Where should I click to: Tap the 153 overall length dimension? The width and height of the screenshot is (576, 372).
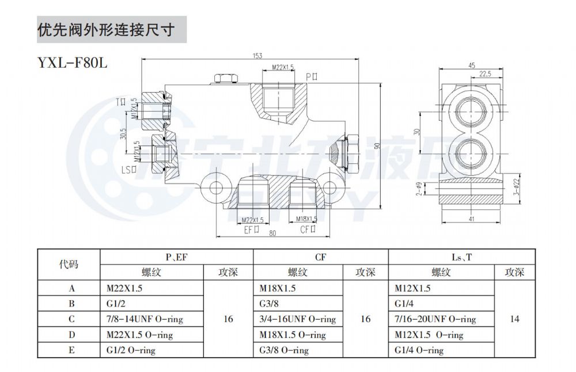[x=257, y=56]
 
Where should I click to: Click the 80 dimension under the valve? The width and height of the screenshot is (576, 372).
[x=272, y=234]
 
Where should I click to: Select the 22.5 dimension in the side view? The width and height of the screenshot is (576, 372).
[x=485, y=74]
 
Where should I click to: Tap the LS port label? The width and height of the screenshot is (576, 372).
[x=128, y=170]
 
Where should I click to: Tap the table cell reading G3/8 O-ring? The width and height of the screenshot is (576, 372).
[x=285, y=350]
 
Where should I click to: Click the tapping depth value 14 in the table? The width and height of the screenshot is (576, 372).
[x=514, y=319]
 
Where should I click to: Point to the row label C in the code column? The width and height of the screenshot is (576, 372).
[x=71, y=319]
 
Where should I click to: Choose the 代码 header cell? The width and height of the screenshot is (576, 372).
[x=69, y=264]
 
